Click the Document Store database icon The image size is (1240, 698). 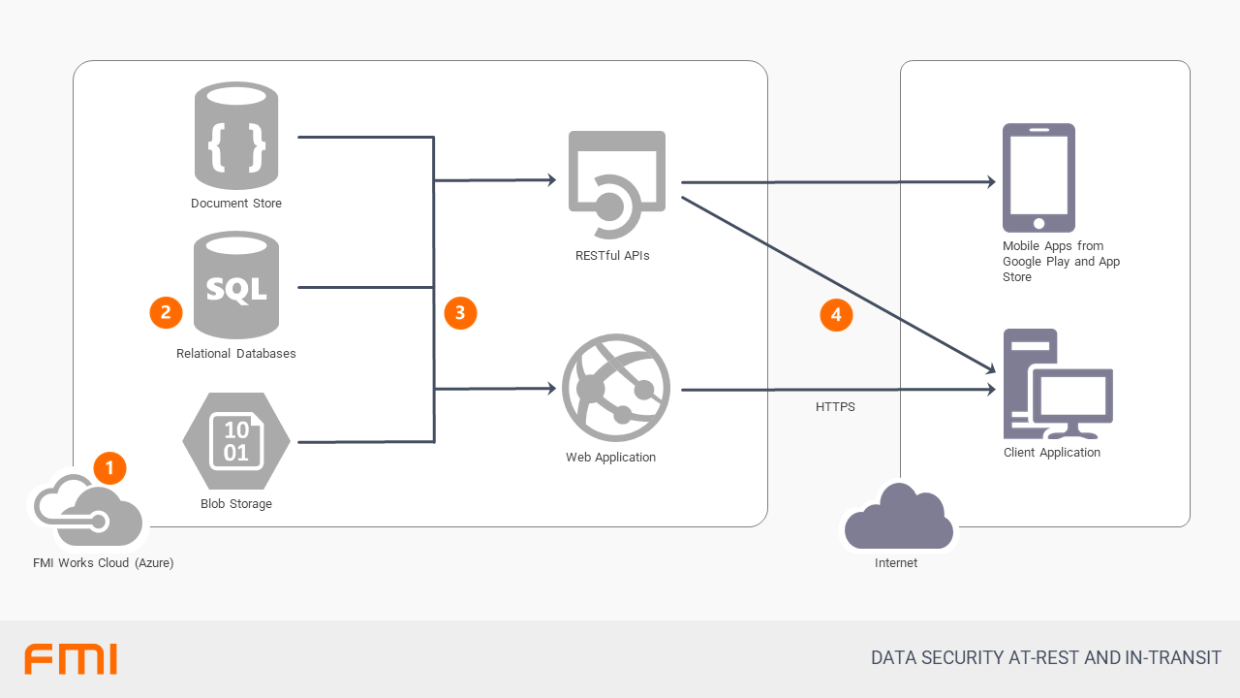[x=235, y=136]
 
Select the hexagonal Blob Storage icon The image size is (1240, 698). [x=235, y=441]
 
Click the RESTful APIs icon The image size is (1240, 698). [x=617, y=184]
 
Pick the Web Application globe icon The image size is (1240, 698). [x=615, y=388]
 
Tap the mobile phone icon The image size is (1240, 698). [x=1038, y=177]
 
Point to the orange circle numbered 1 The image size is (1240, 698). [x=109, y=468]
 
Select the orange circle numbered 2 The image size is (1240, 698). [x=166, y=312]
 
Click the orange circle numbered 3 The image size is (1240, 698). [x=460, y=312]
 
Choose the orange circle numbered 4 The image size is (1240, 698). [x=836, y=315]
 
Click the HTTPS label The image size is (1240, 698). [x=835, y=407]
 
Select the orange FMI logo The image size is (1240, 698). [x=71, y=658]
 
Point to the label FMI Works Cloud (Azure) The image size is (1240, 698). [x=103, y=563]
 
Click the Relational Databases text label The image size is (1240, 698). [x=235, y=354]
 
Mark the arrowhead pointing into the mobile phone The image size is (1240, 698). [x=991, y=181]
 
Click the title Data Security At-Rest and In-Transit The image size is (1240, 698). [x=1046, y=658]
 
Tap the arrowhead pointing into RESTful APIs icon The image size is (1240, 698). [x=551, y=179]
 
